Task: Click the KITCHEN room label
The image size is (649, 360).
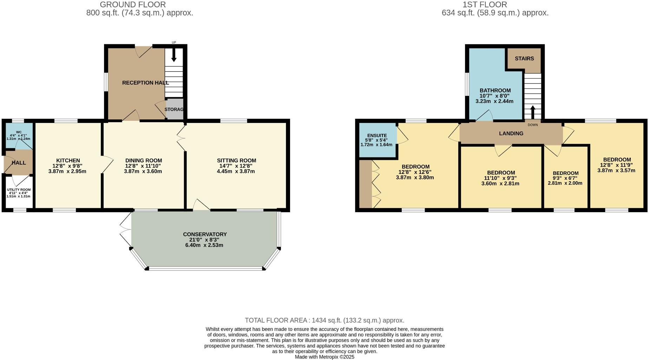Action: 68,161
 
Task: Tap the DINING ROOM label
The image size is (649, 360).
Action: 144,161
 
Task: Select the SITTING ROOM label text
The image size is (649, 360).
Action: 236,161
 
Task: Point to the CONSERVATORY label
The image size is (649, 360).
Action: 205,234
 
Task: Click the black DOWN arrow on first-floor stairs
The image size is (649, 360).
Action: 532,112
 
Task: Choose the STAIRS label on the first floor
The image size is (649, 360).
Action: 524,59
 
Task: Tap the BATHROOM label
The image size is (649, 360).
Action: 495,91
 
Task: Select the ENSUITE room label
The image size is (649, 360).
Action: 377,136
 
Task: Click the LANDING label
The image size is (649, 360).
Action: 511,133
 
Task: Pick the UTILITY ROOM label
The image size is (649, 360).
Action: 19,190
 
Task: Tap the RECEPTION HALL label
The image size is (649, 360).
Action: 145,83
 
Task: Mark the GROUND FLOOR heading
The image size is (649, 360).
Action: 133,5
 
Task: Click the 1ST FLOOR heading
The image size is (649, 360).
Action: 485,5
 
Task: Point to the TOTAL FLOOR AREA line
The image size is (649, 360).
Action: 324,320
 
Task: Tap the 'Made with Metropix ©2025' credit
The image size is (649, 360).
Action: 324,357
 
